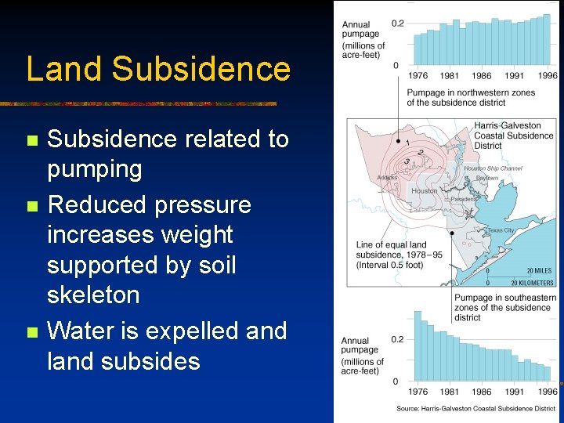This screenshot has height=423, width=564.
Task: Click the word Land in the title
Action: [x=65, y=69]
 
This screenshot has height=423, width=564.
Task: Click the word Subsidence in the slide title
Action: [x=201, y=69]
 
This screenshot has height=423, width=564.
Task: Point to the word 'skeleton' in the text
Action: [x=93, y=295]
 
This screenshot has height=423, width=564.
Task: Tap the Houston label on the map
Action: [x=425, y=191]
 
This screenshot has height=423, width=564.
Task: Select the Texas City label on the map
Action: [x=501, y=230]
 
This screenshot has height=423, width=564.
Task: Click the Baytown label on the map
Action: [x=486, y=179]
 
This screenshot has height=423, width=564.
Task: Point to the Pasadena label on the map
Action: [x=464, y=199]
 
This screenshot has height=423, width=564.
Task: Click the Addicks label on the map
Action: [x=387, y=178]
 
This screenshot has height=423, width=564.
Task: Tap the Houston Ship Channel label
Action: [x=493, y=168]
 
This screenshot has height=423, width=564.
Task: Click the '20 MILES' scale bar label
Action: [x=539, y=270]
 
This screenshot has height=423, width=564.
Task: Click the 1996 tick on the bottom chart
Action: [x=548, y=392]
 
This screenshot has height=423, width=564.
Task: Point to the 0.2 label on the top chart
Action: [x=398, y=23]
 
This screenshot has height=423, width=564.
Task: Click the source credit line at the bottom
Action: [x=476, y=409]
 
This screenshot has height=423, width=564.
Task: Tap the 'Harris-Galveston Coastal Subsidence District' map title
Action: [x=513, y=136]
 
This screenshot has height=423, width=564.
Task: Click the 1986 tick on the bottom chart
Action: [x=483, y=392]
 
